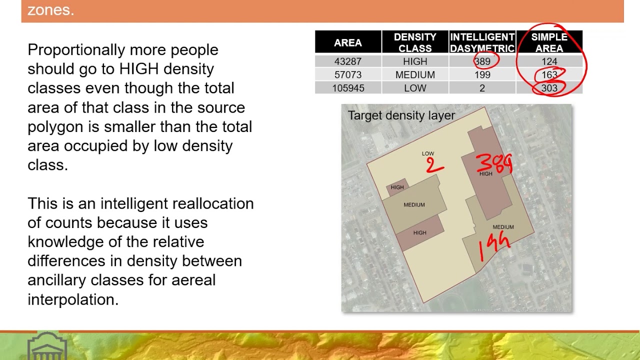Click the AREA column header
click(x=347, y=42)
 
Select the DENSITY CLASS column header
click(x=415, y=42)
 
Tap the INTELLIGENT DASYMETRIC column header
click(x=482, y=42)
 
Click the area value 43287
click(x=347, y=61)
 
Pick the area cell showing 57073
click(x=347, y=75)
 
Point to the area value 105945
click(x=348, y=88)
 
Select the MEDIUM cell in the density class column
click(x=415, y=75)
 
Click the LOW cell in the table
click(x=415, y=88)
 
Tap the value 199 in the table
click(x=482, y=75)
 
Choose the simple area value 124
click(x=549, y=61)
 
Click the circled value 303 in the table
click(x=549, y=88)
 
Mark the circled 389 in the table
click(x=482, y=61)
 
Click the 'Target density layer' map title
click(x=401, y=115)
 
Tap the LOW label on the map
click(x=427, y=153)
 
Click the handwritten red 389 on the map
click(x=494, y=163)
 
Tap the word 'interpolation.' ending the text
click(x=73, y=299)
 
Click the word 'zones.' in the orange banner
click(x=50, y=10)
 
